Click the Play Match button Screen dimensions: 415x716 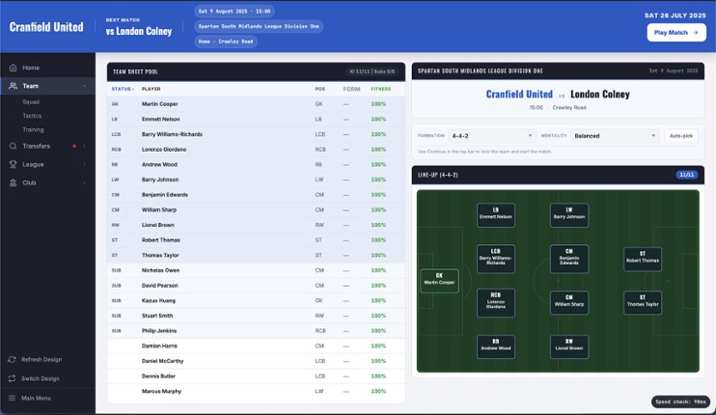click(x=675, y=32)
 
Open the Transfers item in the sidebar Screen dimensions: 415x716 click(x=37, y=146)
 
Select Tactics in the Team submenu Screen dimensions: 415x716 click(x=33, y=115)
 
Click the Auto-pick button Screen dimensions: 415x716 click(x=680, y=136)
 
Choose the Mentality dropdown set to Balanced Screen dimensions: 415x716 click(x=613, y=136)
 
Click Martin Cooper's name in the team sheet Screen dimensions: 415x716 click(x=159, y=103)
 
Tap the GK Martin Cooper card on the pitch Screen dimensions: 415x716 click(x=439, y=280)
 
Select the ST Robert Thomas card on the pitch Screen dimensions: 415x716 click(x=642, y=258)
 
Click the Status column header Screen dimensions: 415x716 click(x=122, y=89)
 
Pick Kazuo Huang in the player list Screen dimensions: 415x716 click(x=157, y=300)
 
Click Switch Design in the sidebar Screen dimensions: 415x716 click(x=40, y=378)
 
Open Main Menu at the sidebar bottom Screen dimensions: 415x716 click(x=37, y=398)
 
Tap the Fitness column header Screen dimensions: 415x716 click(x=380, y=89)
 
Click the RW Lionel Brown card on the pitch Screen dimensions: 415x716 click(x=569, y=346)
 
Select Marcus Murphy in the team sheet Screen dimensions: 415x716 click(x=161, y=391)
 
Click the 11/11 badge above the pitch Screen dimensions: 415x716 click(x=687, y=175)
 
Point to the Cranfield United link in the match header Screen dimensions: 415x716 click(x=519, y=95)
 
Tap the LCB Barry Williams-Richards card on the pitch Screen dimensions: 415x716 click(x=496, y=258)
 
